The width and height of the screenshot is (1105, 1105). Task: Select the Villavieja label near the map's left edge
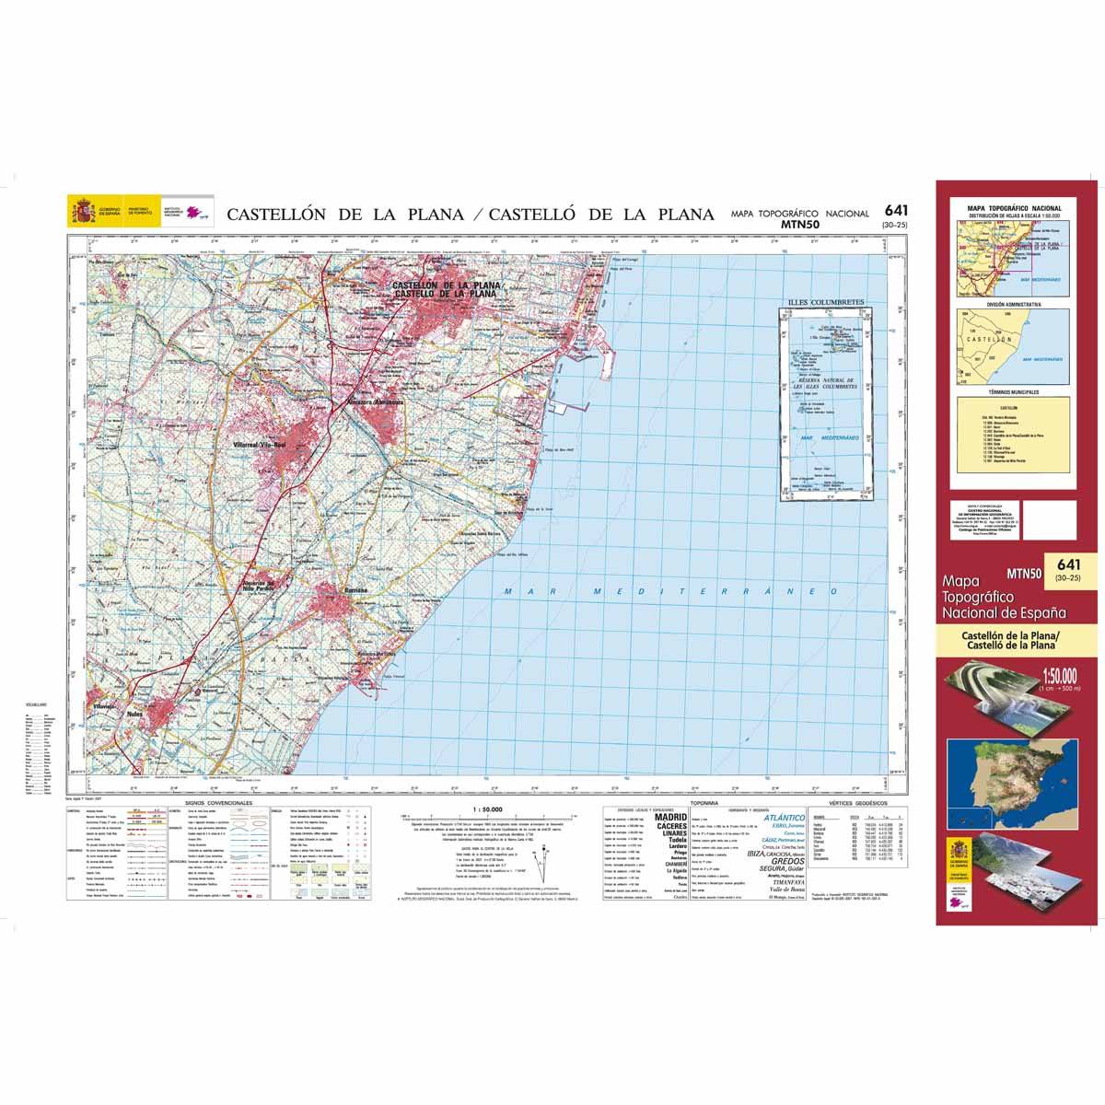tap(104, 706)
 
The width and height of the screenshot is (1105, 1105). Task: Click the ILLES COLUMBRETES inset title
tap(821, 302)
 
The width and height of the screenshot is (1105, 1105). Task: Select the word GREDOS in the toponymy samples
tap(776, 862)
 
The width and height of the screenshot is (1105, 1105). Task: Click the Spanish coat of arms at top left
tap(80, 213)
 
